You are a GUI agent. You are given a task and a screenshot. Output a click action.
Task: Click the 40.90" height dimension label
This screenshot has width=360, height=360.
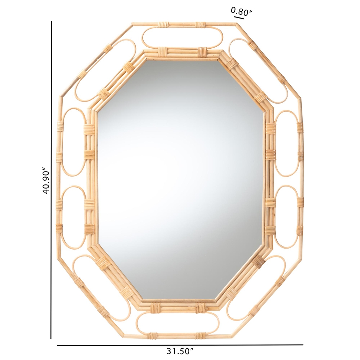click(x=47, y=181)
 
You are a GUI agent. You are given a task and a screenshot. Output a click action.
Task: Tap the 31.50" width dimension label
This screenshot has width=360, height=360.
click(x=180, y=351)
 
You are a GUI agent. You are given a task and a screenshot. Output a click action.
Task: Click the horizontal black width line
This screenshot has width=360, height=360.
click(x=180, y=345)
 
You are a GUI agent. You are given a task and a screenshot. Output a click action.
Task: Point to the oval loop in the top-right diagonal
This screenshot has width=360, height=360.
click(x=263, y=70)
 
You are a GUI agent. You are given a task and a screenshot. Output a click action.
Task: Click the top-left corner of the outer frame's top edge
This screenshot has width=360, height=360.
click(x=132, y=24)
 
